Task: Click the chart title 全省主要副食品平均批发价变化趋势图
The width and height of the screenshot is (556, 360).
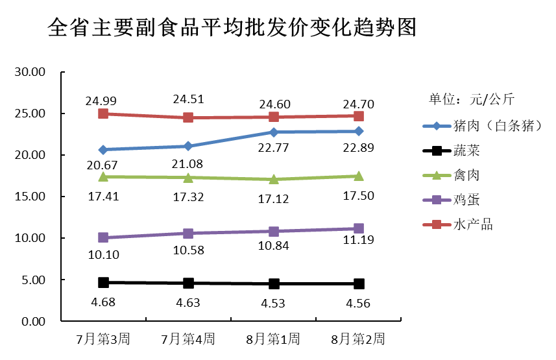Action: (232, 29)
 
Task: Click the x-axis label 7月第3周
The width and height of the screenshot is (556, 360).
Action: (103, 339)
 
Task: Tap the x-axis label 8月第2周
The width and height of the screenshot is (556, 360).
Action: (357, 339)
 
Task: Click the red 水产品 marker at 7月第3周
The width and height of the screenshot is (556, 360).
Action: (103, 114)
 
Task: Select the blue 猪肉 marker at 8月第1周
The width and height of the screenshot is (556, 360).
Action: (274, 132)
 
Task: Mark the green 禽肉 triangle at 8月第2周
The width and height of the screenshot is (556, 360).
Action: (358, 176)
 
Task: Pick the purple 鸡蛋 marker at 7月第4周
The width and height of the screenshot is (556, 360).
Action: (188, 233)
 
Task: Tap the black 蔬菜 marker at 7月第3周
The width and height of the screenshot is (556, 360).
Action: (103, 282)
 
